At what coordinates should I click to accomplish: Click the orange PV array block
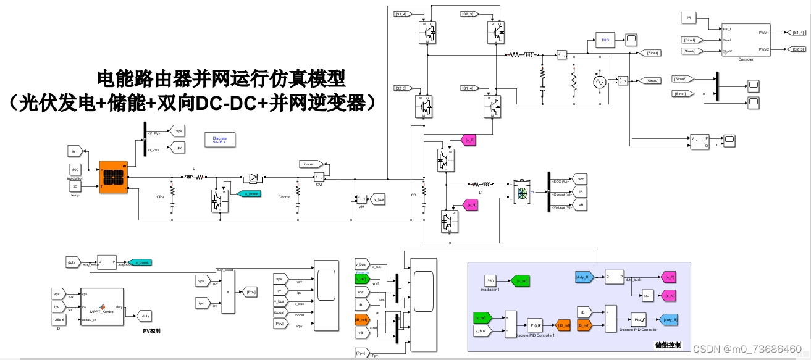pyautogui.click(x=113, y=177)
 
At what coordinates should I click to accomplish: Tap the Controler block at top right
pyautogui.click(x=746, y=40)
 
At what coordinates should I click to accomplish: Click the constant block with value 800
pyautogui.click(x=75, y=170)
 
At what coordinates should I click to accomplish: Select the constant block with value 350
pyautogui.click(x=489, y=281)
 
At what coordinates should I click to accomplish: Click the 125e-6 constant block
pyautogui.click(x=58, y=319)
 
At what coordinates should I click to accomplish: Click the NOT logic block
pyautogui.click(x=647, y=296)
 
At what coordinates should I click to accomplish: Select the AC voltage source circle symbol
pyautogui.click(x=598, y=82)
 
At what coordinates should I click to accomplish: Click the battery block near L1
pyautogui.click(x=523, y=192)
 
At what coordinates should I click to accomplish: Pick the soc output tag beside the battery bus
pyautogui.click(x=580, y=179)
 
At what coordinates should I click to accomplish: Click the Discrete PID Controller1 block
pyautogui.click(x=534, y=324)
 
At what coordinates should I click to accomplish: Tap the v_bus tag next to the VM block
pyautogui.click(x=378, y=199)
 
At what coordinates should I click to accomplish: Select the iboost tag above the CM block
pyautogui.click(x=309, y=164)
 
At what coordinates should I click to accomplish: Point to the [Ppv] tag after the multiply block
pyautogui.click(x=250, y=292)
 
